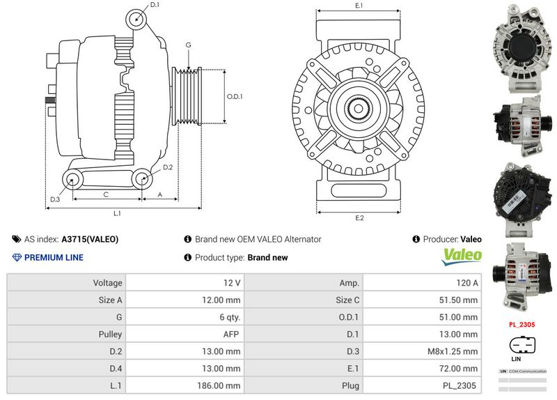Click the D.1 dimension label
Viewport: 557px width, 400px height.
155,5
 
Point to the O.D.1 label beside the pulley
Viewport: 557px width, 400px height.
235,97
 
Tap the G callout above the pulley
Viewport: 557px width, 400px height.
188,45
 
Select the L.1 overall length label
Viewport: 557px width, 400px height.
117,213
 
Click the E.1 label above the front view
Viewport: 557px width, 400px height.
359,6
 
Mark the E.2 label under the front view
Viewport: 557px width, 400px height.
359,218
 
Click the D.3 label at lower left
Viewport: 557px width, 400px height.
55,200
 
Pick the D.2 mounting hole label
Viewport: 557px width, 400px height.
168,167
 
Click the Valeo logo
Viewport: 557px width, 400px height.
463,256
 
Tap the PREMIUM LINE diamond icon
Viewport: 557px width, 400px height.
17,258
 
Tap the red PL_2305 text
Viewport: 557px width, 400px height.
521,324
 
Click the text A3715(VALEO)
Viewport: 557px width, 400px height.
90,239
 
